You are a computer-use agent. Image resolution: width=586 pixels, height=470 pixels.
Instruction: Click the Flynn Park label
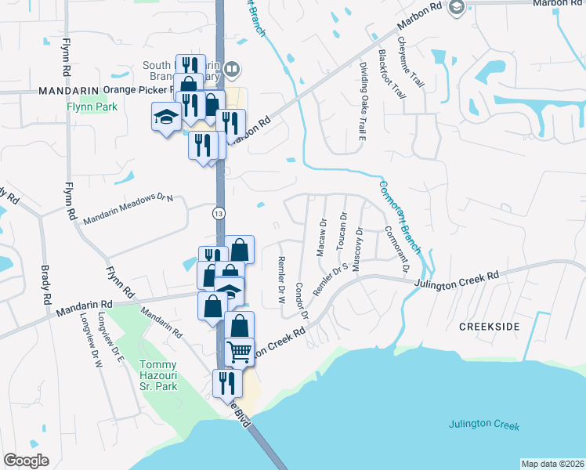(91, 106)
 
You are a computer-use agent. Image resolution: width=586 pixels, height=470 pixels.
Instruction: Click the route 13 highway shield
(217, 212)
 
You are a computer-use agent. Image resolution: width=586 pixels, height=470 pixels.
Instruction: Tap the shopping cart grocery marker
(240, 352)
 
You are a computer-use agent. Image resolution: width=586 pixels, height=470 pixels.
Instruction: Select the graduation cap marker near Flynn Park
(166, 117)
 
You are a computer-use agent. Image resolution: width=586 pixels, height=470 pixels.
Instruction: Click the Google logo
(26, 461)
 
